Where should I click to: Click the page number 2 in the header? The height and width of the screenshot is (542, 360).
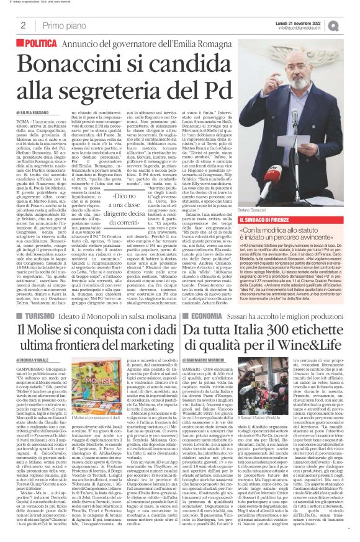pos(22,25)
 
